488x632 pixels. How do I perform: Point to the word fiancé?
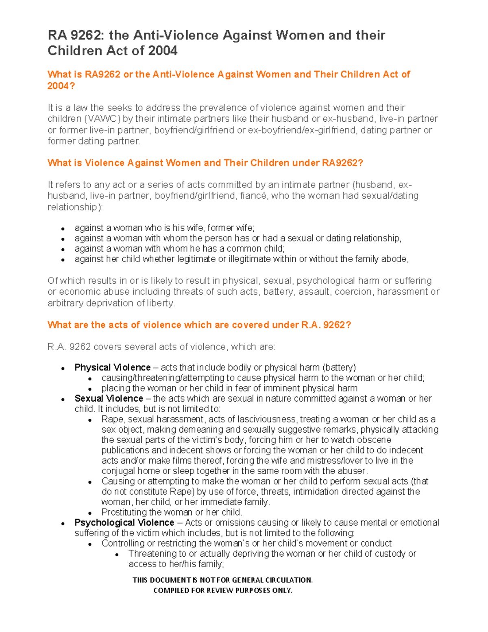[x=254, y=196]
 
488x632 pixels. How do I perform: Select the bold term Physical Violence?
[x=112, y=367]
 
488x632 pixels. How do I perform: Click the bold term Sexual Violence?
[x=109, y=398]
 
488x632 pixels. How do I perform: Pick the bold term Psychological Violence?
[x=124, y=523]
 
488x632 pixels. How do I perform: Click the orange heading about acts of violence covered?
[x=199, y=325]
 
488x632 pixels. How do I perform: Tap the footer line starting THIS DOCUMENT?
[x=222, y=580]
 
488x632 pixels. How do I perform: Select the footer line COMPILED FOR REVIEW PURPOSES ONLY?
[x=222, y=590]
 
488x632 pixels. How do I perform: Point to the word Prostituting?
[x=124, y=512]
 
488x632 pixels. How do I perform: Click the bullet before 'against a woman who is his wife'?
[x=63, y=229]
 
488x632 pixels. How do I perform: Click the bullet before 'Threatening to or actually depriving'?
[x=117, y=554]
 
